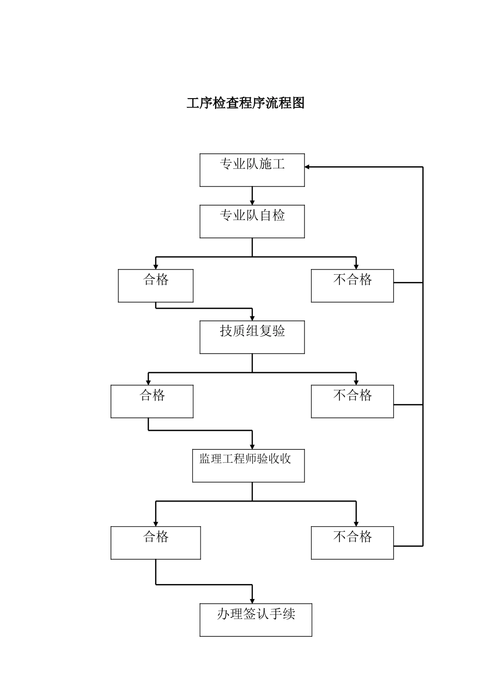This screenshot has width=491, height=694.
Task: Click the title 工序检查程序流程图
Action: pyautogui.click(x=245, y=103)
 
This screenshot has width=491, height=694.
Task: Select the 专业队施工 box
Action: pyautogui.click(x=252, y=170)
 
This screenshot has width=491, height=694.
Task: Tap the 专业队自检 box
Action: pyautogui.click(x=252, y=222)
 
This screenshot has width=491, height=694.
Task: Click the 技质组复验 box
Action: pyautogui.click(x=252, y=337)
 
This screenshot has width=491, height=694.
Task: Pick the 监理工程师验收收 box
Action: pyautogui.click(x=249, y=466)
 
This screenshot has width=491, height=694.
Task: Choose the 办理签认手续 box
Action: pyautogui.click(x=256, y=620)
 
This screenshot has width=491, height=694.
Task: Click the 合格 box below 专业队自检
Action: pyautogui.click(x=156, y=286)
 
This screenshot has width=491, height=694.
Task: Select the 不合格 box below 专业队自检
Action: pyautogui.click(x=352, y=286)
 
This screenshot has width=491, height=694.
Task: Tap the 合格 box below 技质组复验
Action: pyautogui.click(x=152, y=401)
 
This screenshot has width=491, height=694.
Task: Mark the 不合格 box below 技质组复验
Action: pyautogui.click(x=352, y=401)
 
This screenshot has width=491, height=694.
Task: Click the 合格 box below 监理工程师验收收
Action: pyautogui.click(x=156, y=543)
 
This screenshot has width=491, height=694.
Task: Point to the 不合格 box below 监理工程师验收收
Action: pyautogui.click(x=352, y=543)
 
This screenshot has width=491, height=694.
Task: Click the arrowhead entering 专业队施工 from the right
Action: pyautogui.click(x=308, y=167)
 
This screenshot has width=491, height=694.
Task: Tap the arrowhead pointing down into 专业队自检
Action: pyautogui.click(x=252, y=202)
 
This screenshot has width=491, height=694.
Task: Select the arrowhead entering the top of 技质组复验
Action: pyautogui.click(x=252, y=318)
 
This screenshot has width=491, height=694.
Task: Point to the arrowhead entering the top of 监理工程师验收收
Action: pyautogui.click(x=252, y=446)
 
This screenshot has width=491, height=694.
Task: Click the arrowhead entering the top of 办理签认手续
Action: pyautogui.click(x=252, y=600)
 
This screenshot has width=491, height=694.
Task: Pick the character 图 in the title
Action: pyautogui.click(x=298, y=103)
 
